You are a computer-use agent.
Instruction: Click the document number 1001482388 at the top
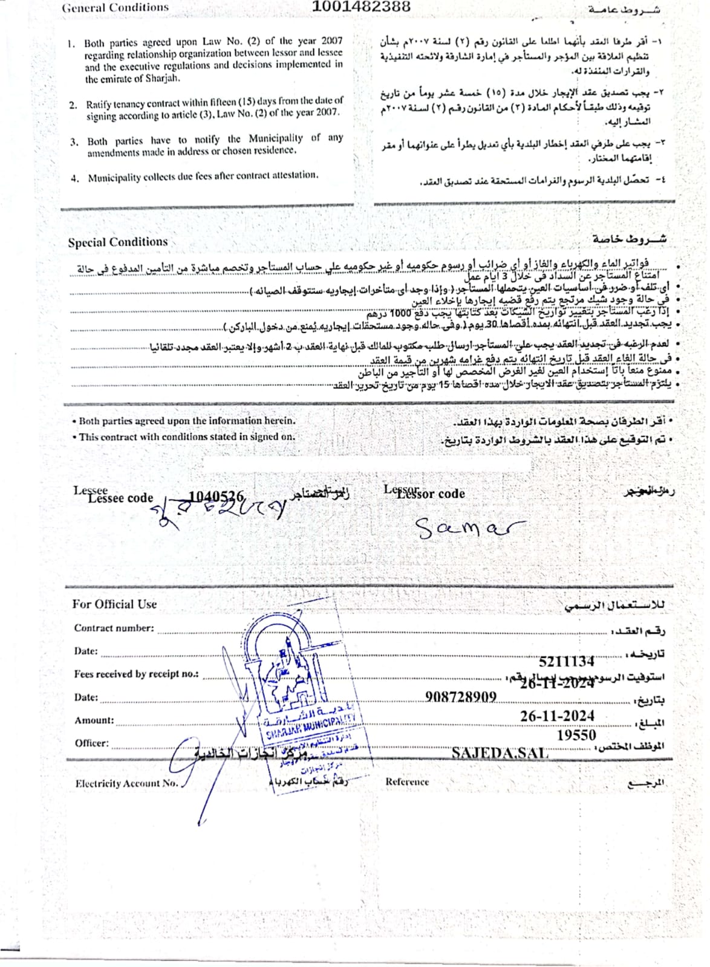tap(361, 7)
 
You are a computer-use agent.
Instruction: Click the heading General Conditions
tap(116, 8)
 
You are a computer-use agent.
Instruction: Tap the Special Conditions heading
tap(118, 242)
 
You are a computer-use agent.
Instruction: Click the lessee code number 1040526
tap(216, 496)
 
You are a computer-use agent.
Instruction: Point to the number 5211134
tap(566, 661)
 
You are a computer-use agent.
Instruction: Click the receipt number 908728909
tap(460, 697)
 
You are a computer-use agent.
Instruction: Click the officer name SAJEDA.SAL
tap(500, 753)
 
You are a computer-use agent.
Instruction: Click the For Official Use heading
tap(114, 604)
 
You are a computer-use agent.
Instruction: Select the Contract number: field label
tap(114, 628)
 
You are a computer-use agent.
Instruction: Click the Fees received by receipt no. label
tap(136, 674)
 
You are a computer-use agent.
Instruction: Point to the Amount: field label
tap(94, 720)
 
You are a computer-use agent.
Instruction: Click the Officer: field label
tap(91, 743)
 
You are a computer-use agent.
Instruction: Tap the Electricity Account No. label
tap(126, 783)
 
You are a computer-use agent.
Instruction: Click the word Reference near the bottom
tap(407, 781)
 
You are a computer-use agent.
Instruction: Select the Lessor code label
tap(431, 493)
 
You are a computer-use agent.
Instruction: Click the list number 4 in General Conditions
tap(74, 178)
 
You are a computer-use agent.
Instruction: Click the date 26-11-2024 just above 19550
tap(557, 716)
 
